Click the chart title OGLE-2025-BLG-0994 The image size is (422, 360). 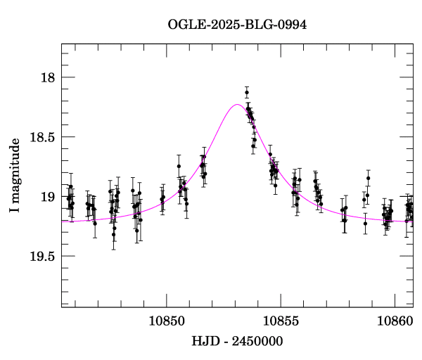tap(237, 25)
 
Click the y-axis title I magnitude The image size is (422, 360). tap(15, 175)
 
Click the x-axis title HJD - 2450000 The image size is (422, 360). tap(237, 341)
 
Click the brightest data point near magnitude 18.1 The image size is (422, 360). tap(247, 92)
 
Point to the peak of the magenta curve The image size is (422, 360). tap(237, 104)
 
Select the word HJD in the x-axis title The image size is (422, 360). tap(204, 341)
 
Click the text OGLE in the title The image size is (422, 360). tap(186, 25)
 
